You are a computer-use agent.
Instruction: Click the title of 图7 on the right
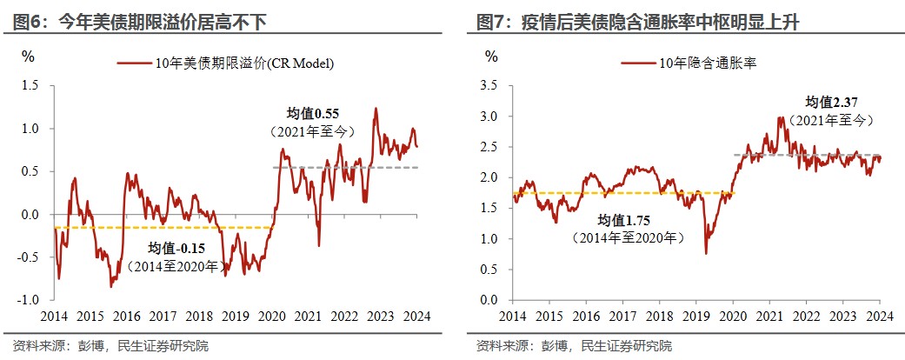[638, 22]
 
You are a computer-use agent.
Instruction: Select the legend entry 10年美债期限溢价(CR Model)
[226, 63]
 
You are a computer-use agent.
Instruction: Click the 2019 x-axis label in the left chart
[236, 317]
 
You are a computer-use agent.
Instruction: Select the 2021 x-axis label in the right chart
[769, 317]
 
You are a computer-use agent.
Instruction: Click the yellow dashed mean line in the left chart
[163, 227]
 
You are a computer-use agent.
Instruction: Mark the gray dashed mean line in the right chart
[806, 155]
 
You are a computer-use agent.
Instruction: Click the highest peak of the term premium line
[376, 108]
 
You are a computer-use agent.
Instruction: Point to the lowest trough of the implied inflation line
[705, 253]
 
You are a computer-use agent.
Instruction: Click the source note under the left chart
[110, 346]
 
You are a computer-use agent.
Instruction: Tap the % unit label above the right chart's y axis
[491, 56]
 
